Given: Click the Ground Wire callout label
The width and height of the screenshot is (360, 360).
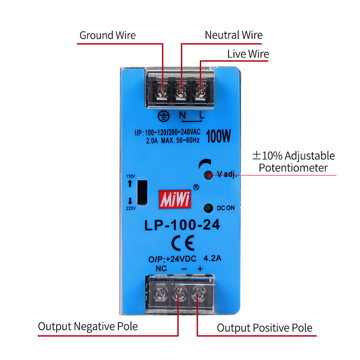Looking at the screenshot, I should (108, 35).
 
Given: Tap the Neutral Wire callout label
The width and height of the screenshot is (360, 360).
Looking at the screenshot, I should (234, 35).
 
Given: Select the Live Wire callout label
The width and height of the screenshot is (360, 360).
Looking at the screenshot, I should (248, 54).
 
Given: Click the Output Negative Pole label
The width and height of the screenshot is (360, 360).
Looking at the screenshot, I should (88, 326).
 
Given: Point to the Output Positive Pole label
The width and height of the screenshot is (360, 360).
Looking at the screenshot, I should (265, 328).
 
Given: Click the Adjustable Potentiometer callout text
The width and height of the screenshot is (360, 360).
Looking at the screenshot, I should (293, 162).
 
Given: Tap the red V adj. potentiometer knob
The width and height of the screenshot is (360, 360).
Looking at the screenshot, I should (208, 175).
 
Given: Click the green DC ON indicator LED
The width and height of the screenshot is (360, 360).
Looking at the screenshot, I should (208, 208).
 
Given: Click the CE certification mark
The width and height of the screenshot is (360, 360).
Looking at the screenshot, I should (183, 243).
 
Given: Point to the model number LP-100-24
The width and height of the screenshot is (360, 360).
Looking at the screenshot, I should (182, 225).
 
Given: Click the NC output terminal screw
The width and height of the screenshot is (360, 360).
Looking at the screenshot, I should (160, 295).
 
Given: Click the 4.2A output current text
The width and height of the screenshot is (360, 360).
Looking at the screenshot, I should (212, 259).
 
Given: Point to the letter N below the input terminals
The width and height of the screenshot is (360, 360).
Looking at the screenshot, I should (182, 116).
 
